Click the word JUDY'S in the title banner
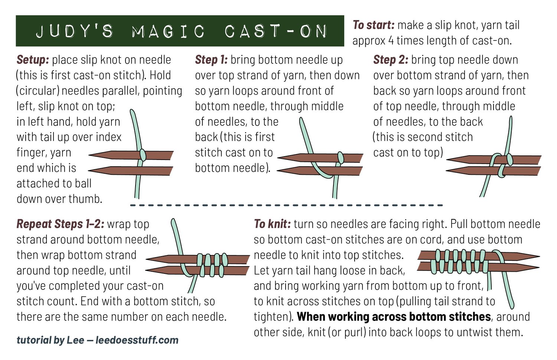pos(74,31)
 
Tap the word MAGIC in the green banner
pos(168,31)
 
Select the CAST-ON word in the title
pos(276,31)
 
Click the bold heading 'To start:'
pos(373,25)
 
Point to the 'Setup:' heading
pos(33,60)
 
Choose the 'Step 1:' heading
pos(211,60)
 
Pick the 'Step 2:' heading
pos(390,60)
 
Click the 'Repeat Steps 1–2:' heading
pos(60,224)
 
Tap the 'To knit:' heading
pos(272,224)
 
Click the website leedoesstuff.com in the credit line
pos(137,340)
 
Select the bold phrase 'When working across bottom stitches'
pos(394,317)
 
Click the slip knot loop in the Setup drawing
pos(142,155)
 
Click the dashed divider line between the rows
pos(286,205)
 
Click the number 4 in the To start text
pos(391,40)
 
